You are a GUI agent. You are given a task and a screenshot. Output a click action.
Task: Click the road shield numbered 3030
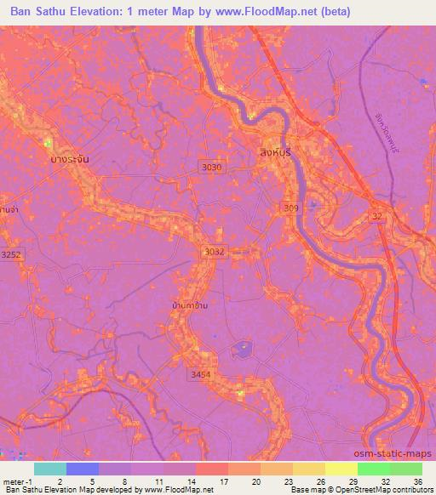pyautogui.click(x=212, y=168)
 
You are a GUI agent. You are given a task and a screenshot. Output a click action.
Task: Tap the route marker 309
pyautogui.click(x=291, y=208)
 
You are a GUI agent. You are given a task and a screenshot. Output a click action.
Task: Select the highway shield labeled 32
pyautogui.click(x=376, y=218)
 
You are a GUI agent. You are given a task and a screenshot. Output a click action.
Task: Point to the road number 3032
pyautogui.click(x=214, y=252)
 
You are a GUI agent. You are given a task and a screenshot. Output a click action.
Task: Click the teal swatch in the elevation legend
pyautogui.click(x=49, y=469)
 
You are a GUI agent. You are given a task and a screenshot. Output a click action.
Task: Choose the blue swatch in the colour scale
pyautogui.click(x=82, y=469)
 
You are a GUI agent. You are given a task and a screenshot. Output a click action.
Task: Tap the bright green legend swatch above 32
pyautogui.click(x=373, y=469)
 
